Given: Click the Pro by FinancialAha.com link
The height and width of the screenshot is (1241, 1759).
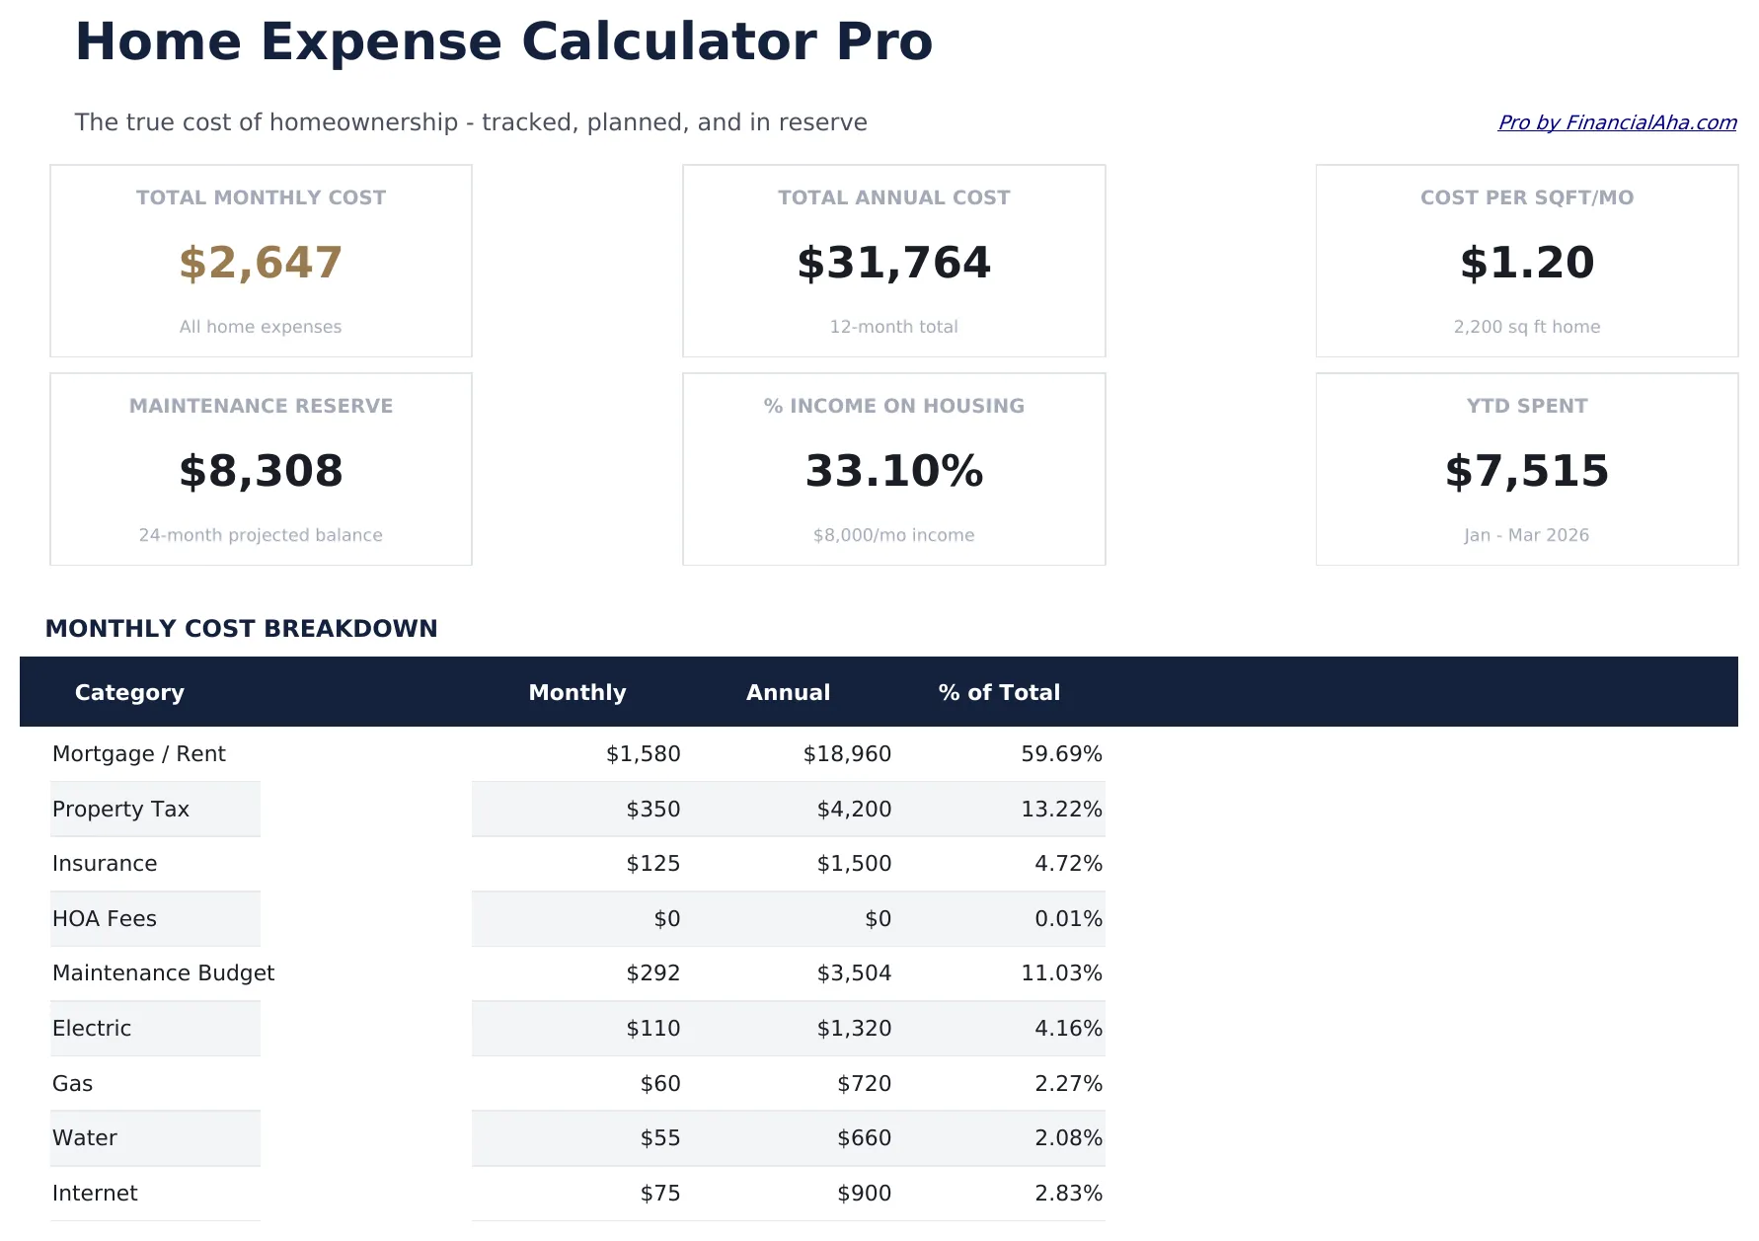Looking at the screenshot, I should pos(1616,122).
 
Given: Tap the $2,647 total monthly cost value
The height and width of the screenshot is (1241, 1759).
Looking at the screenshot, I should pos(261,263).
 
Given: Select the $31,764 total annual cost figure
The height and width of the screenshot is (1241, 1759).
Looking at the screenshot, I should pos(893,263).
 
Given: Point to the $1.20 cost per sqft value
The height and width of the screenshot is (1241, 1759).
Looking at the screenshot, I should pos(1526,263).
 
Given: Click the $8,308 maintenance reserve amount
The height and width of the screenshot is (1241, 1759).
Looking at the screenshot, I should pos(261,471).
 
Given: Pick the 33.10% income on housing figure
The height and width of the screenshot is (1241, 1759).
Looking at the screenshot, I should pos(893,471).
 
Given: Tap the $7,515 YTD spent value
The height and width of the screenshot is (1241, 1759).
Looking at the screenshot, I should pos(1526,471).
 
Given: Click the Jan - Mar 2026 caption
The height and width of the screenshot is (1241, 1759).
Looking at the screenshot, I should pos(1526,535).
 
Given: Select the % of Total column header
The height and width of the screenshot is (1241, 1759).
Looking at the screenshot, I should pos(999,692).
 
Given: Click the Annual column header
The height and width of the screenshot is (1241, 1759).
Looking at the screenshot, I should pos(788,692).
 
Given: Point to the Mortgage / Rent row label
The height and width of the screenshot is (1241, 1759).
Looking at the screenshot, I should pos(139,754).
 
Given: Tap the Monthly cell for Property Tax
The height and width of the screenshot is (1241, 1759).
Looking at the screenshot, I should pos(652,810).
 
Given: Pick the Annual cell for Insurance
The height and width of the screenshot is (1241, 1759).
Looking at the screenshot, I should pos(854,864).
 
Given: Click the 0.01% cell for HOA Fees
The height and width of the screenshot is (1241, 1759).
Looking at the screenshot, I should pos(1068,919).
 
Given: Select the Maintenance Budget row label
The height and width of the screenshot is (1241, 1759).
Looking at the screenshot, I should pos(163,973).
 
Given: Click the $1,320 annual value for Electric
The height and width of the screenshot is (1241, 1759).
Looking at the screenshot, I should pos(854,1029).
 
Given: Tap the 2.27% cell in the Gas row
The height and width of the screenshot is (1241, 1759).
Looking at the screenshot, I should pos(1068,1084).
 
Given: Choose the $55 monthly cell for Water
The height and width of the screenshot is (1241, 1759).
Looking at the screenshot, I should pos(660,1138).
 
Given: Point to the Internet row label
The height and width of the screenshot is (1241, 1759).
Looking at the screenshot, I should pos(95,1194).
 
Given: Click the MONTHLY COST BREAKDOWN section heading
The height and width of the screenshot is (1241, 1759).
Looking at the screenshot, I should pos(241,629).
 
